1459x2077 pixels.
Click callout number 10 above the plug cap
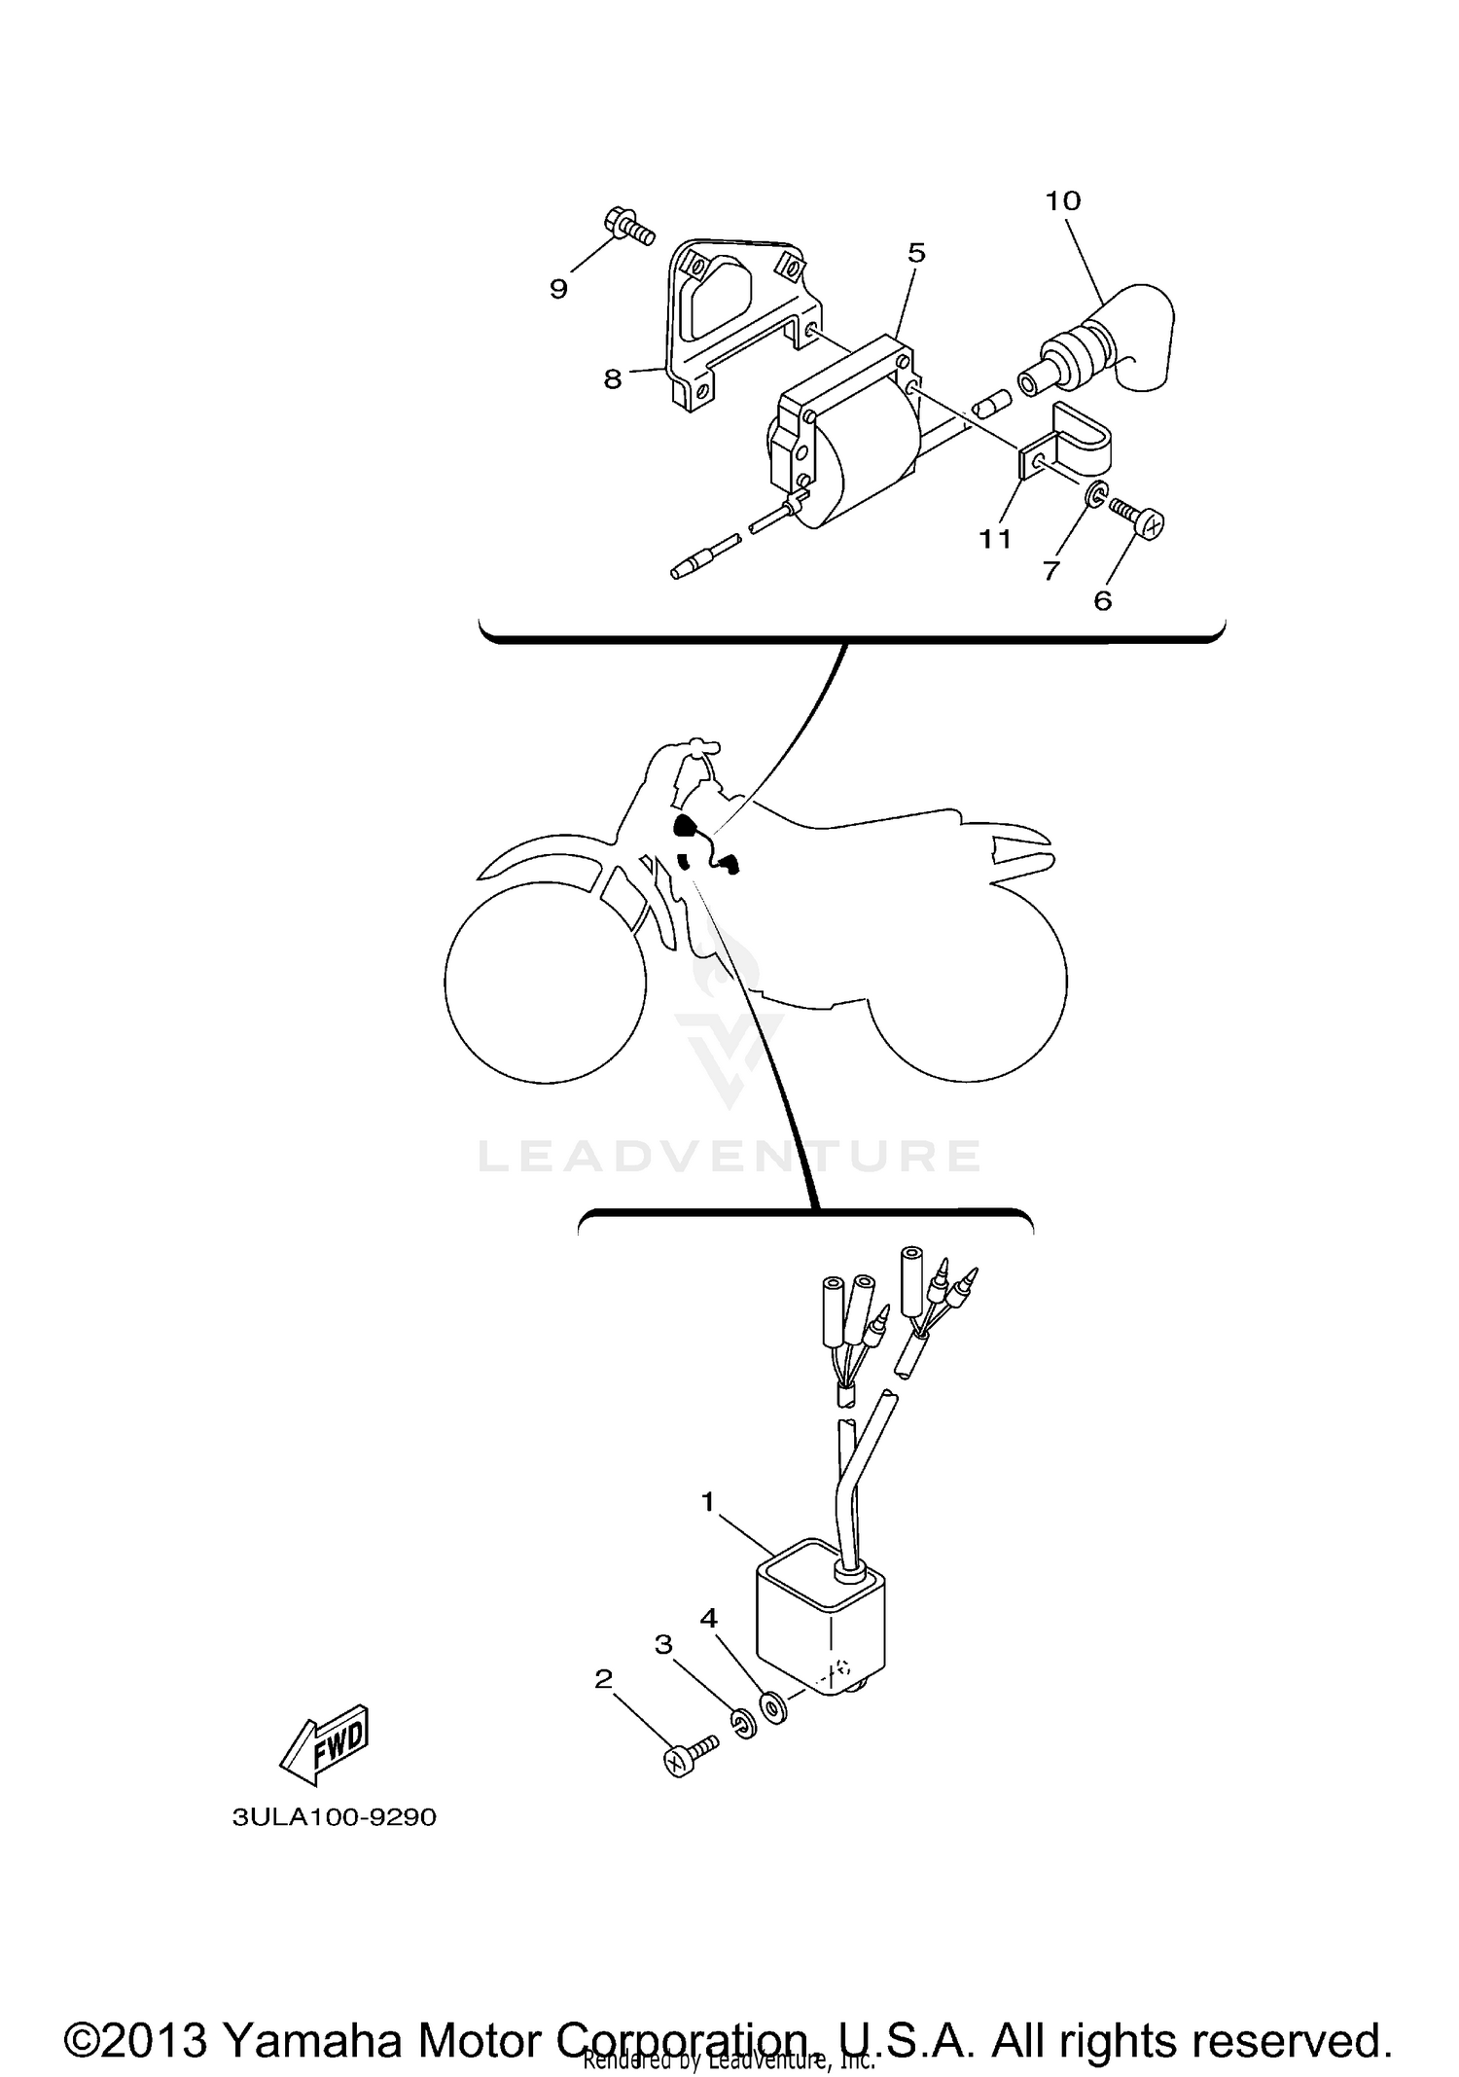point(1063,200)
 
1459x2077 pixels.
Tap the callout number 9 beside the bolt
point(558,288)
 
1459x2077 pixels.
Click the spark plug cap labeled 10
point(1119,340)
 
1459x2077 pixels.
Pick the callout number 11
point(994,538)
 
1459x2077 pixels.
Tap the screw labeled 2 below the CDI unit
point(686,1756)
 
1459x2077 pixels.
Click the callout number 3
point(663,1644)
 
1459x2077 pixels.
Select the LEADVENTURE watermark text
point(729,1156)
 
